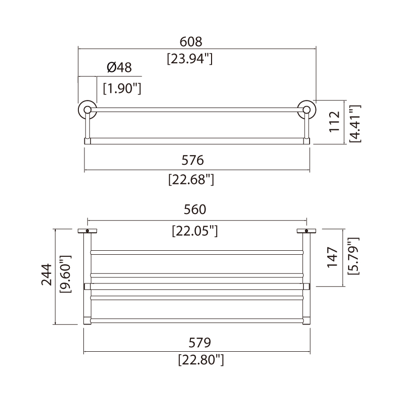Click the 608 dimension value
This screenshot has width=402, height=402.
pyautogui.click(x=191, y=42)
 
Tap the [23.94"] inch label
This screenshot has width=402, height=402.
pyautogui.click(x=190, y=59)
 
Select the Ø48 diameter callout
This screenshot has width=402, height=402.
pyautogui.click(x=119, y=68)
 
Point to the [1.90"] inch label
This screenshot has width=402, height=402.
pyautogui.click(x=122, y=88)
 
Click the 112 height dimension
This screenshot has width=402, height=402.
pyautogui.click(x=335, y=122)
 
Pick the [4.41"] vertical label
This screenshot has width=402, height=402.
pyautogui.click(x=355, y=124)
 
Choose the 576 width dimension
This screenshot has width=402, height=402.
pyautogui.click(x=192, y=160)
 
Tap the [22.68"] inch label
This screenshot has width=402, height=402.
pyautogui.click(x=191, y=179)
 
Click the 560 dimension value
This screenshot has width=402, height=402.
pyautogui.click(x=195, y=210)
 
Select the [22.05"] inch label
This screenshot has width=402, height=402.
pyautogui.click(x=195, y=231)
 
